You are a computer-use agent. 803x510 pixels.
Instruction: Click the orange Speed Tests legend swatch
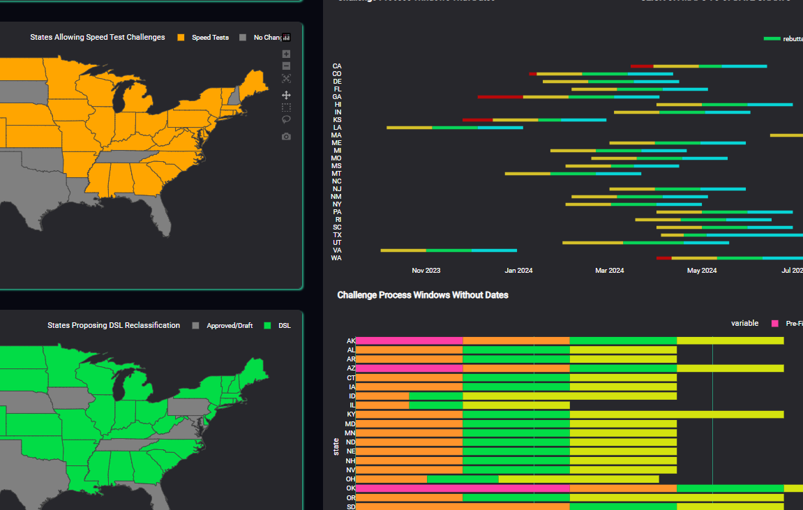(181, 38)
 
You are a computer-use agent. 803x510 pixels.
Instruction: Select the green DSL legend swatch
(268, 326)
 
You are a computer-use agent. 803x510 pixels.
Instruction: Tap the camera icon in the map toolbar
(286, 137)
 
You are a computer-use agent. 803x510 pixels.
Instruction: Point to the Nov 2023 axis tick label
(426, 271)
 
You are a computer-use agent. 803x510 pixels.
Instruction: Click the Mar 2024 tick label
(610, 271)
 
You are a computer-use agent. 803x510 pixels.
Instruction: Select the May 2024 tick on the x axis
(702, 271)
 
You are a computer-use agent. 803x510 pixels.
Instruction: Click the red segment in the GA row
(500, 97)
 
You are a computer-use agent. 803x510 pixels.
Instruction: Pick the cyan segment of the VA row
(494, 250)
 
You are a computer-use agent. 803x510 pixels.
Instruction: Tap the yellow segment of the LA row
(409, 128)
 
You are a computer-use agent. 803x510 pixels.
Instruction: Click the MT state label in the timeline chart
(336, 174)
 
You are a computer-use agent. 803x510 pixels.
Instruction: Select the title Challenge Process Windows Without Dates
(422, 295)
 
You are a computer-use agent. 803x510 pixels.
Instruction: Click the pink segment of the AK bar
(409, 341)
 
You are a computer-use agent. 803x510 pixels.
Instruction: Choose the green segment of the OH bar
(463, 479)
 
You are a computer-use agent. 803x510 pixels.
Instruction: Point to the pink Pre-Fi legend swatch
(775, 324)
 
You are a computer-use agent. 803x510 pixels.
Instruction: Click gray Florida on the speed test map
(161, 216)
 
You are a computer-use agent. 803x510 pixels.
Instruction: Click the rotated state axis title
(336, 447)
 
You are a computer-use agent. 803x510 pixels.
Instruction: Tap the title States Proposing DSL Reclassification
(114, 326)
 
